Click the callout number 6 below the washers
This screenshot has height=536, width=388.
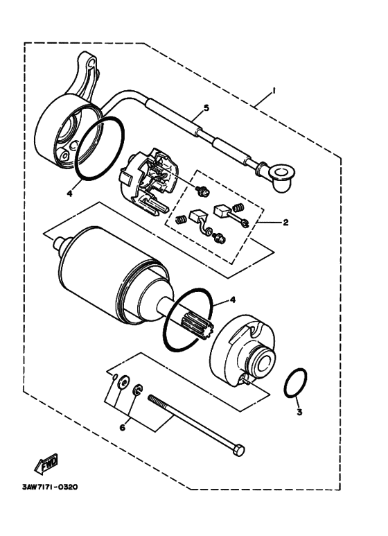click(x=123, y=428)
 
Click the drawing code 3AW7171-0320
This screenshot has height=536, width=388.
click(x=49, y=486)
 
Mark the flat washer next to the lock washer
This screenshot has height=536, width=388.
click(x=122, y=381)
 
